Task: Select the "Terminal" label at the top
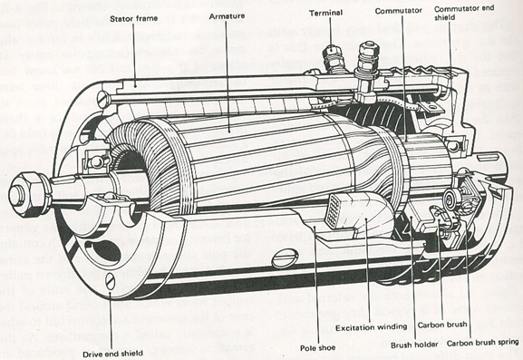326,14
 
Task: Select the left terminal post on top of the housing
332,56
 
